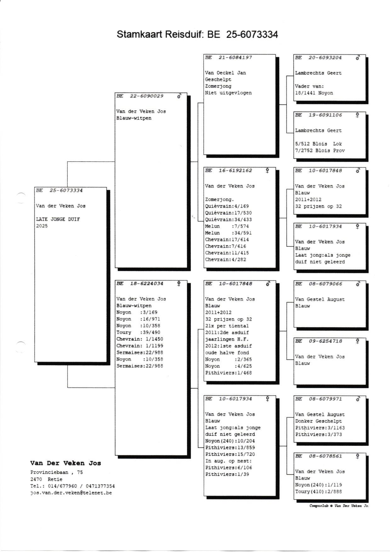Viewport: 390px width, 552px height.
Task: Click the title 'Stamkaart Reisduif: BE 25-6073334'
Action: pyautogui.click(x=197, y=34)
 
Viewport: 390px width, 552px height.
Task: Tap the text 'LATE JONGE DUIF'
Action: pyautogui.click(x=58, y=219)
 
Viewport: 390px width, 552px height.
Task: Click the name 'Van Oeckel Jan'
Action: pyautogui.click(x=225, y=73)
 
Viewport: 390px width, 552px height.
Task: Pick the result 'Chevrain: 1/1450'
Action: pyautogui.click(x=140, y=339)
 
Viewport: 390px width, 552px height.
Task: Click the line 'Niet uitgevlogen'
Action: pyautogui.click(x=228, y=93)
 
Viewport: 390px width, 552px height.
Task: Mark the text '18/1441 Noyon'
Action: pyautogui.click(x=314, y=93)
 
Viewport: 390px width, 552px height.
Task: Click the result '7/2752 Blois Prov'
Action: pyautogui.click(x=320, y=151)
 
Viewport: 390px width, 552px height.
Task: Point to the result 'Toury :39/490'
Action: pyautogui.click(x=138, y=332)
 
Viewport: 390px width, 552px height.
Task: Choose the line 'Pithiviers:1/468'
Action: pyautogui.click(x=229, y=373)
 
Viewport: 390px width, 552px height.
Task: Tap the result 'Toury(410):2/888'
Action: pyautogui.click(x=319, y=492)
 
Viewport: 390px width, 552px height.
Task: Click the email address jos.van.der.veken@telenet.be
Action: pyautogui.click(x=71, y=493)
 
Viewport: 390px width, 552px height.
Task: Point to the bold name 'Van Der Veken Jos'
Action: pyautogui.click(x=65, y=463)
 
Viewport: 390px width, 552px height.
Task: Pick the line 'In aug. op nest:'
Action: pyautogui.click(x=229, y=461)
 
